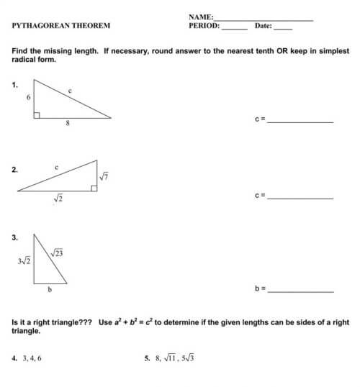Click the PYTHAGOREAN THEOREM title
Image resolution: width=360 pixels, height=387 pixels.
61,26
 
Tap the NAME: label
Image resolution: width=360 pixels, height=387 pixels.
201,16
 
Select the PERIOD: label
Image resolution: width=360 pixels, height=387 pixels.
204,25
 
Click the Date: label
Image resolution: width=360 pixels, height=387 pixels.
263,26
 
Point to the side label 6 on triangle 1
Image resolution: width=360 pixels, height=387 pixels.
28,95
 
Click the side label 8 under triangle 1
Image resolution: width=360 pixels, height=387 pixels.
67,123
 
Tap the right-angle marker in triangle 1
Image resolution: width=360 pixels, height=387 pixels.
37,114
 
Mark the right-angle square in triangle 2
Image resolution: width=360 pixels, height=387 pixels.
94,188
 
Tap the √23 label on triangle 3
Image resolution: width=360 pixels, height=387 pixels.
58,252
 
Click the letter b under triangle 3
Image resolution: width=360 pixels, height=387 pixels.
50,289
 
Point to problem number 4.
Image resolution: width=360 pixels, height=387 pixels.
14,357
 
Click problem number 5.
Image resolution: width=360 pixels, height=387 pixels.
147,357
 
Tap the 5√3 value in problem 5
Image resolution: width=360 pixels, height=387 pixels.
188,357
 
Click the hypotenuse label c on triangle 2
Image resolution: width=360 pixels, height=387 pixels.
56,167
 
